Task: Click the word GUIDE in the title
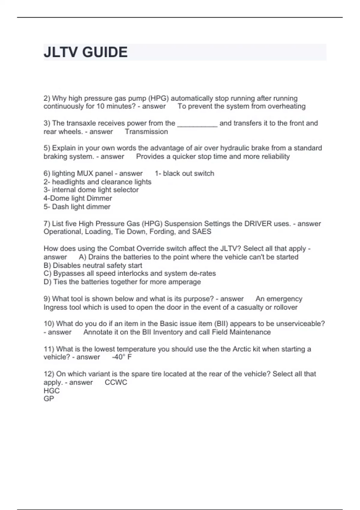pyautogui.click(x=105, y=52)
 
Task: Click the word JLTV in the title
pyautogui.click(x=61, y=52)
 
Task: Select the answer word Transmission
pyautogui.click(x=146, y=131)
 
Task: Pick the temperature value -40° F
pyautogui.click(x=122, y=357)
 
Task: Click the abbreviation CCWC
pyautogui.click(x=116, y=382)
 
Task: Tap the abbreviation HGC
pyautogui.click(x=52, y=391)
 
